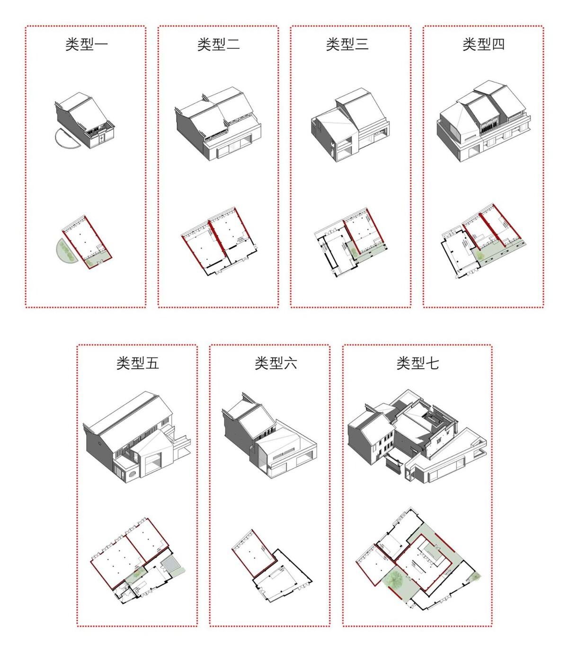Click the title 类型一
pyautogui.click(x=86, y=45)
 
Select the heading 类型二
pyautogui.click(x=218, y=45)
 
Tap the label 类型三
pyautogui.click(x=347, y=45)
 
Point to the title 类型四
pyautogui.click(x=483, y=45)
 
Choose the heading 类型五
pyautogui.click(x=137, y=363)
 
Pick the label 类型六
pyautogui.click(x=275, y=363)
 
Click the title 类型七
pyautogui.click(x=417, y=363)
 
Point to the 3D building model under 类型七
pyautogui.click(x=416, y=438)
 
